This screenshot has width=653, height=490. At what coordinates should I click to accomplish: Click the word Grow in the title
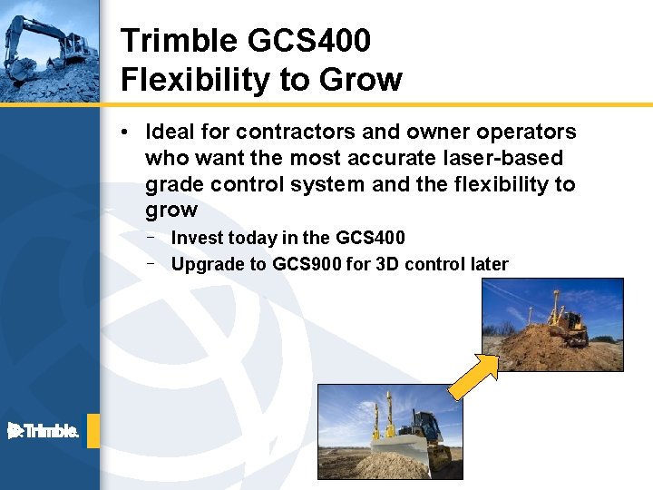click(359, 80)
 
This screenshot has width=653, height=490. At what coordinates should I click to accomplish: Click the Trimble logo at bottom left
click(44, 431)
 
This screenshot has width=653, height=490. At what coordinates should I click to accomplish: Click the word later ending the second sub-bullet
click(489, 265)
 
